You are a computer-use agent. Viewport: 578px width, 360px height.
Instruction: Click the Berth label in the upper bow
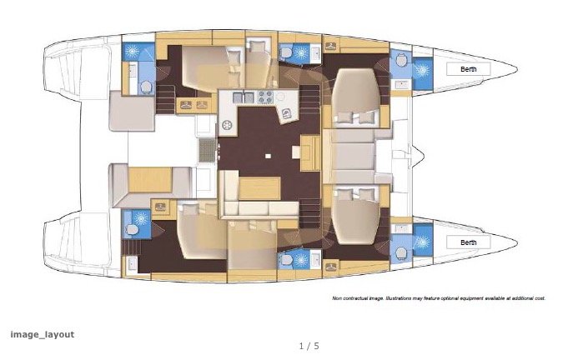pyautogui.click(x=469, y=69)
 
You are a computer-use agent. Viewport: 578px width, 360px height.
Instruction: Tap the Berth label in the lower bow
pyautogui.click(x=469, y=242)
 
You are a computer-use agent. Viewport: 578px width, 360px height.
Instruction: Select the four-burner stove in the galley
pyautogui.click(x=266, y=96)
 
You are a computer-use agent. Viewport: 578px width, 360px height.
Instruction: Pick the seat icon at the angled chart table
pyautogui.click(x=286, y=113)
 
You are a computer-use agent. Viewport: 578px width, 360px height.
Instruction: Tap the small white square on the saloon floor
pyautogui.click(x=267, y=156)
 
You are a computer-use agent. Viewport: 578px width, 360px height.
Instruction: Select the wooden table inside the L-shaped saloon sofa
pyautogui.click(x=260, y=185)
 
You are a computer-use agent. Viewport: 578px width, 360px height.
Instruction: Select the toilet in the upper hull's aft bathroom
pyautogui.click(x=147, y=87)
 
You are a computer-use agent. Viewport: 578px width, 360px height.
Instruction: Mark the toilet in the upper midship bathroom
pyautogui.click(x=287, y=52)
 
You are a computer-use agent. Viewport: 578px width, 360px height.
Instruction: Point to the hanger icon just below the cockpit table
pyautogui.click(x=159, y=203)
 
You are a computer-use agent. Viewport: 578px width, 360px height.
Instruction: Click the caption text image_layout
pyautogui.click(x=42, y=334)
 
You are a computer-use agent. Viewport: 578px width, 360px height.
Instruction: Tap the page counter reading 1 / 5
pyautogui.click(x=309, y=346)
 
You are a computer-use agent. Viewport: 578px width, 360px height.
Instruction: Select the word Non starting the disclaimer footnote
pyautogui.click(x=338, y=297)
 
